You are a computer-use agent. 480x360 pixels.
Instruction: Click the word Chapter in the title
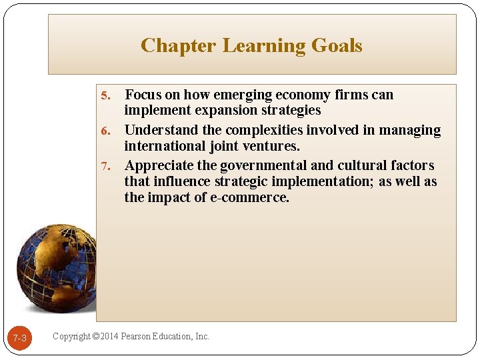point(178,45)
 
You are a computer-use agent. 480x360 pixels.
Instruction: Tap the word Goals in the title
point(336,45)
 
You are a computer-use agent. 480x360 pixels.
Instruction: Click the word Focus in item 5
point(143,95)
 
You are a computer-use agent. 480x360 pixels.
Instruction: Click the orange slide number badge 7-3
point(20,339)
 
